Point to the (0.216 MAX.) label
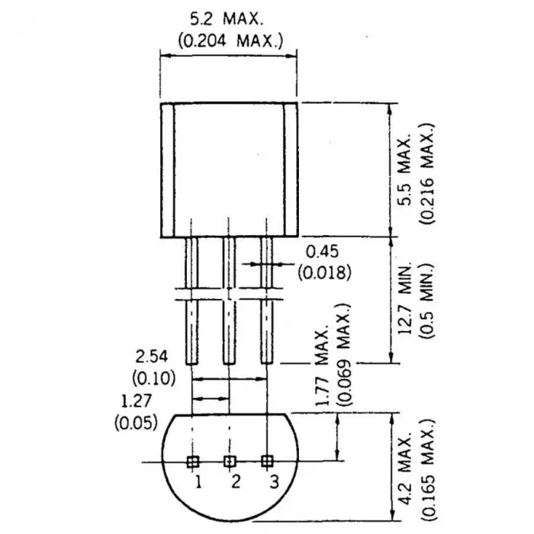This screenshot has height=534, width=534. pyautogui.click(x=432, y=169)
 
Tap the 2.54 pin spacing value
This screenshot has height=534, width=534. pyautogui.click(x=151, y=355)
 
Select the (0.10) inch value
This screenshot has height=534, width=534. pyautogui.click(x=153, y=377)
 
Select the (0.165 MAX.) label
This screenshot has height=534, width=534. pyautogui.click(x=432, y=467)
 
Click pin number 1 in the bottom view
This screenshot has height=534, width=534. pyautogui.click(x=197, y=481)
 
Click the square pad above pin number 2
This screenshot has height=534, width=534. pyautogui.click(x=229, y=461)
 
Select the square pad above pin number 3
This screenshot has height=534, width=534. pyautogui.click(x=266, y=461)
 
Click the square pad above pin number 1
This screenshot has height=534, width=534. pyautogui.click(x=193, y=461)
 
